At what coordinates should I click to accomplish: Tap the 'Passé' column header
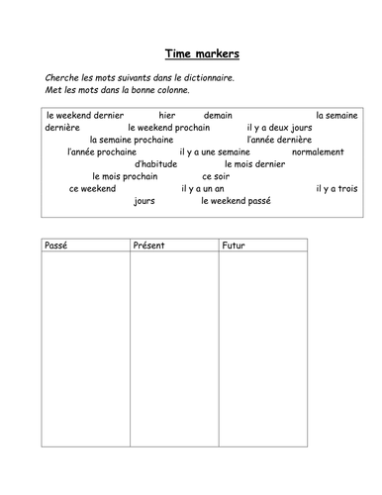click(56, 245)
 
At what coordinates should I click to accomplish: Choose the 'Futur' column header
click(235, 245)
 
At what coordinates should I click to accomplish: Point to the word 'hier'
click(166, 115)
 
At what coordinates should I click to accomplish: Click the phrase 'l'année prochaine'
click(106, 151)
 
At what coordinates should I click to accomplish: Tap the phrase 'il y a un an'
click(211, 188)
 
